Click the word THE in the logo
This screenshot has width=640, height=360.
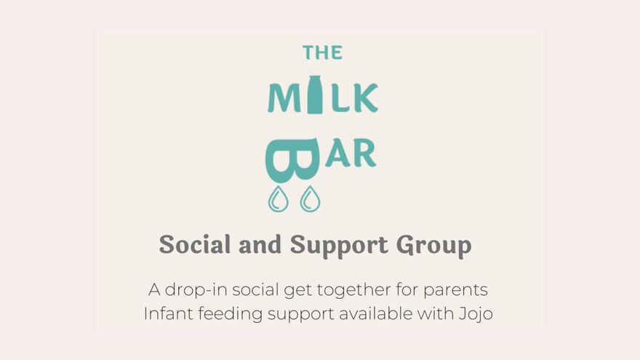[322, 52]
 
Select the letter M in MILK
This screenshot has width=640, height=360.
[282, 98]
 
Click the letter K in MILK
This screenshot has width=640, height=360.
[366, 98]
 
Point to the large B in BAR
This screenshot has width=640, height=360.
[292, 159]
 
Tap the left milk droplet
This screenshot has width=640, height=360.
[278, 199]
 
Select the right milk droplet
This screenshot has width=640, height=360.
[311, 199]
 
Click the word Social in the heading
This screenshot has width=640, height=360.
[189, 244]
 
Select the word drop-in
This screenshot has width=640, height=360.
[193, 289]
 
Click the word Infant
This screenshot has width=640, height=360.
[164, 313]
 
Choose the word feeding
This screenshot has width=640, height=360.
[223, 314]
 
